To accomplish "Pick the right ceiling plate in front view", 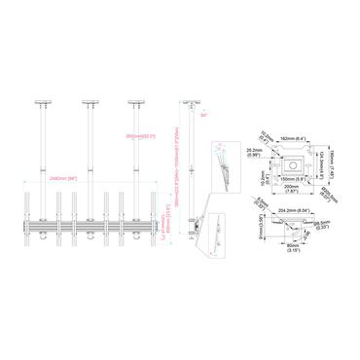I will (x=134, y=100).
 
